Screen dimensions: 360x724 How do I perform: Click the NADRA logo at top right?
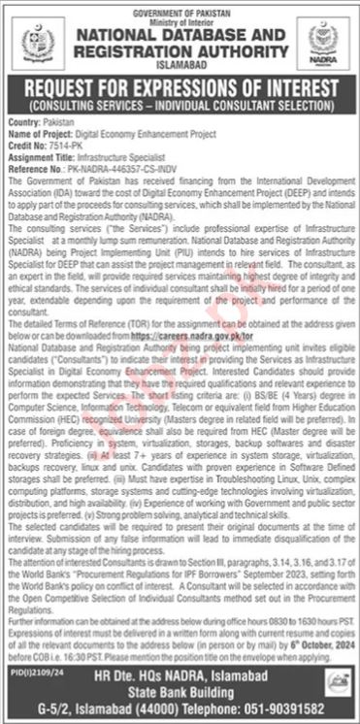(322, 41)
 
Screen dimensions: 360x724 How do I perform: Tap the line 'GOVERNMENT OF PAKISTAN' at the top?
(180, 7)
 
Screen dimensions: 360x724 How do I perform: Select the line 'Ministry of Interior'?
(180, 15)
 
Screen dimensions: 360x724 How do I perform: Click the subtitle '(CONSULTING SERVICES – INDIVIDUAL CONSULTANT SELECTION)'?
(180, 102)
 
